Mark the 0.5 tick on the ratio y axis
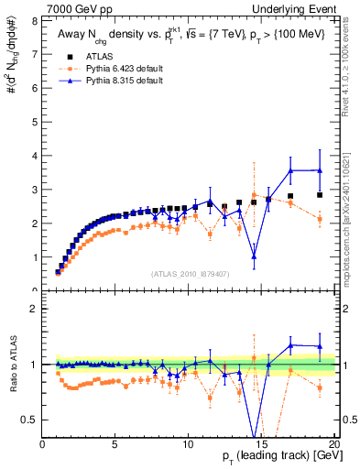coord(32,420)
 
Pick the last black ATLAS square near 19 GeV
coord(319,195)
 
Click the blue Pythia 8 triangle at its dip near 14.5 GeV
coord(254,256)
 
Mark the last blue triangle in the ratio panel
coord(319,346)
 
